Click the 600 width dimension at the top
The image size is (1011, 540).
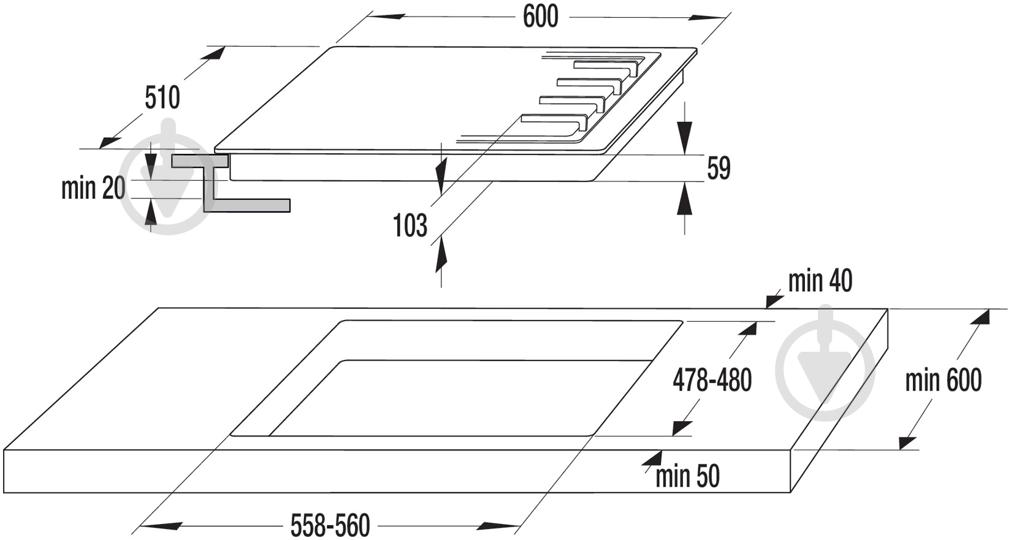pyautogui.click(x=540, y=17)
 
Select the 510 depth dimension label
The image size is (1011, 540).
pyautogui.click(x=162, y=97)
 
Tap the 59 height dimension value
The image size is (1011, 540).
pyautogui.click(x=719, y=169)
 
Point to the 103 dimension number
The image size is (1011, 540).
pyautogui.click(x=410, y=226)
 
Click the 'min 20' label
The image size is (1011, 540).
pyautogui.click(x=93, y=188)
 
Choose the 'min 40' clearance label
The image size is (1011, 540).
pyautogui.click(x=820, y=281)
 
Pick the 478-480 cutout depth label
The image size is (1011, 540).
pyautogui.click(x=712, y=380)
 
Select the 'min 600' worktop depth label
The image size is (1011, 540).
pyautogui.click(x=944, y=380)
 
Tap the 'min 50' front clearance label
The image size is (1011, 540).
pyautogui.click(x=687, y=476)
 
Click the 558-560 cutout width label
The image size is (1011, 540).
pyautogui.click(x=330, y=525)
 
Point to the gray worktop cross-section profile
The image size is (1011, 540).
pyautogui.click(x=230, y=183)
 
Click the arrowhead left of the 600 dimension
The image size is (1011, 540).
pyautogui.click(x=385, y=17)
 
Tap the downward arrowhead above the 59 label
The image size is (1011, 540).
pyautogui.click(x=685, y=137)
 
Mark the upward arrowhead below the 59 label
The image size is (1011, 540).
pyautogui.click(x=685, y=199)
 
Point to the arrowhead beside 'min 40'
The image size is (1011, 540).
pyautogui.click(x=775, y=300)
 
